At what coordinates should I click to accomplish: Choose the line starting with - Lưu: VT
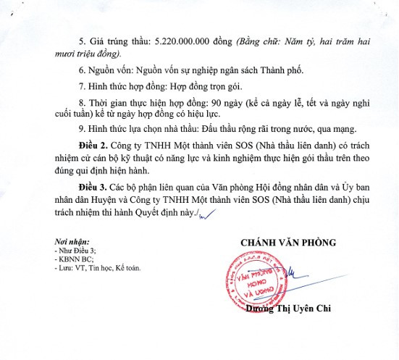pos(97,267)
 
